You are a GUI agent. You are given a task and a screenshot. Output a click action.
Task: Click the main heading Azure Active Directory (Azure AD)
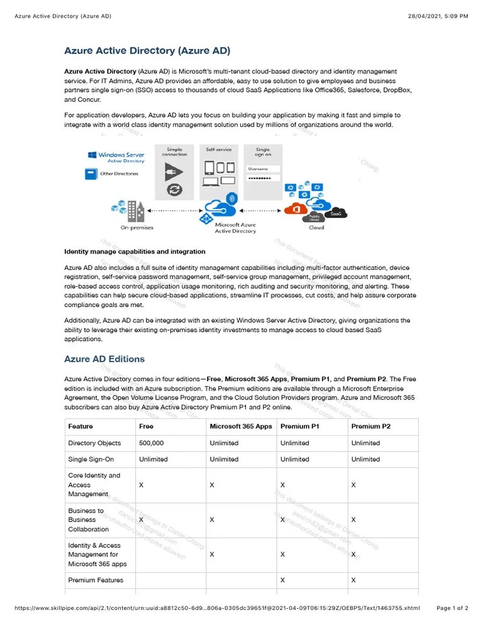click(147, 50)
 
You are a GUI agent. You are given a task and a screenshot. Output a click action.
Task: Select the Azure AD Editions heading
click(104, 359)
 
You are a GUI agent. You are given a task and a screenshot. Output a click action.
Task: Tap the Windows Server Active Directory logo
click(116, 157)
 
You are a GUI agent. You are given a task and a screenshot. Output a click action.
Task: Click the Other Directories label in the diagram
click(119, 174)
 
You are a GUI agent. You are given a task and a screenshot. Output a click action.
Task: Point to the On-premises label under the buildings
click(136, 228)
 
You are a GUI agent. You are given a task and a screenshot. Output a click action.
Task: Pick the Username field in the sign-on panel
click(263, 169)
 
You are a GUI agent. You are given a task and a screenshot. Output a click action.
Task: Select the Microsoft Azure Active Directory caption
click(235, 228)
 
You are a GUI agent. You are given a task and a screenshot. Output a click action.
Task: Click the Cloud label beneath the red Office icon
click(316, 228)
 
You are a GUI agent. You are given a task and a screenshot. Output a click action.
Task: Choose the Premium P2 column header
click(370, 426)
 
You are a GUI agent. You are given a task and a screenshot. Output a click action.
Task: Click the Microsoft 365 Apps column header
click(241, 426)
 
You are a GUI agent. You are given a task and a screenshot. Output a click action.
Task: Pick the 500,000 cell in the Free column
click(151, 443)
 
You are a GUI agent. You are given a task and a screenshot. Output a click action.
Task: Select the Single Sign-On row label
click(91, 459)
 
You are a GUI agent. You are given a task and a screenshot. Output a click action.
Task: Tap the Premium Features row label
click(96, 580)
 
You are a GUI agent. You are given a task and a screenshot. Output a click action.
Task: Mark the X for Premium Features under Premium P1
click(283, 580)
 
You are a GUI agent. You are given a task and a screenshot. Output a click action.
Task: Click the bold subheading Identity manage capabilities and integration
click(135, 252)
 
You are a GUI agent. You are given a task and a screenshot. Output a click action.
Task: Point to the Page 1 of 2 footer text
click(452, 608)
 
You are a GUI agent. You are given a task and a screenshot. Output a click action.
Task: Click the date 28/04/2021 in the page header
click(425, 16)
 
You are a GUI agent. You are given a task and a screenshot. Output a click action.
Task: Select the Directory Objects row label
click(94, 443)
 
